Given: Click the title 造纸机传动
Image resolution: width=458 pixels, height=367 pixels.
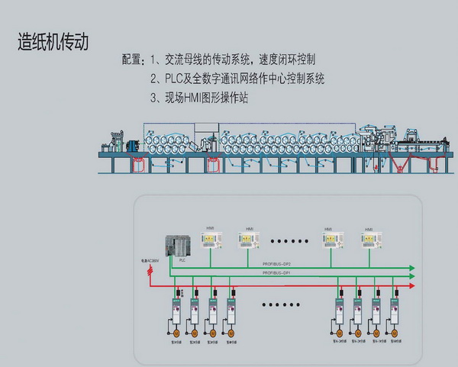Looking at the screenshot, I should pos(53,41).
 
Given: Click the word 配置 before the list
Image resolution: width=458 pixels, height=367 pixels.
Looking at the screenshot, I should pos(131,60).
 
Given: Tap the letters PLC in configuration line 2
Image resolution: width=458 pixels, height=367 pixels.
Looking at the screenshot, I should pos(163,79).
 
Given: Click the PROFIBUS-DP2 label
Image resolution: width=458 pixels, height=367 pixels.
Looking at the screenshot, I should pos(278,264).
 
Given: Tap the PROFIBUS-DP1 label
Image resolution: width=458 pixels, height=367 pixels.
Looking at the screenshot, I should pos(278,272).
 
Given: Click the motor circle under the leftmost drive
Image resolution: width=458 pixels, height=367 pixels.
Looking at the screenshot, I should pos(176,333).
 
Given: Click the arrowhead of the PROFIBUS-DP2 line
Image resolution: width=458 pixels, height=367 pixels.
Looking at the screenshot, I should pos(411,268).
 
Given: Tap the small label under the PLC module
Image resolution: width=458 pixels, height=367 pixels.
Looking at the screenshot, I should pos(182,260).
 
